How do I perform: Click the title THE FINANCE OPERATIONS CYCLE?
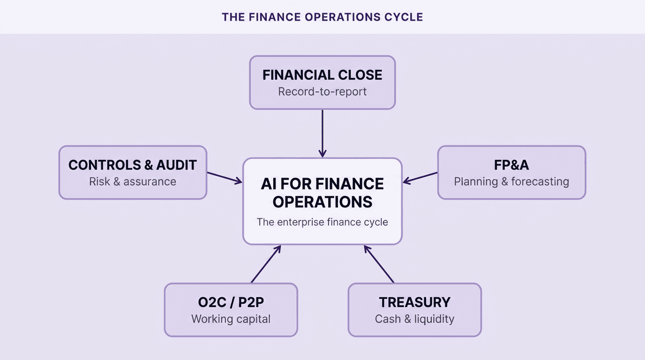coord(322,17)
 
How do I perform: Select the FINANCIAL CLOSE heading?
coord(322,75)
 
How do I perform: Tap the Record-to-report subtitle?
coord(322,91)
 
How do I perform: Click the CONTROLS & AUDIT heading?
coord(133,165)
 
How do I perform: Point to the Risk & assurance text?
coord(133,181)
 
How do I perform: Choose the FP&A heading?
coord(511,165)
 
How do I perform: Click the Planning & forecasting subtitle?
coord(511,181)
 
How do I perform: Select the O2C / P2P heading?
coord(231,302)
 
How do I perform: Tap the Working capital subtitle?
coord(231,319)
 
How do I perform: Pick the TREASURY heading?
coord(414,302)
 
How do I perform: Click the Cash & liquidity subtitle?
coord(414,319)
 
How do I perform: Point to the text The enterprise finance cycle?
coord(322,222)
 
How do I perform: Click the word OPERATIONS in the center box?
coord(322,202)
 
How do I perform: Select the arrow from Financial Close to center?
coord(322,133)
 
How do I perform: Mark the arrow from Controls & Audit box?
coord(225,177)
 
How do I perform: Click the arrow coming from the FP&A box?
coord(420,177)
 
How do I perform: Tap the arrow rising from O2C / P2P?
coord(266,264)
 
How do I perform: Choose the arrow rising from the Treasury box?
coord(379,264)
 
